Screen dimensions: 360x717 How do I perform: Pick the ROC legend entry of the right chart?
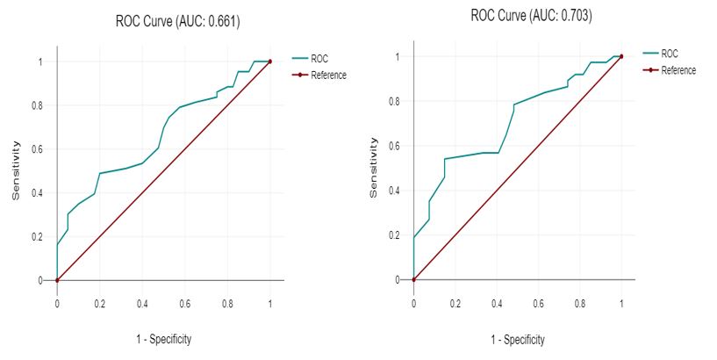(669, 54)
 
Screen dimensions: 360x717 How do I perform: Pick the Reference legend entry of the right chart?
(678, 69)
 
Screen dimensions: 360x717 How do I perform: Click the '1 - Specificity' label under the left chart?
(163, 339)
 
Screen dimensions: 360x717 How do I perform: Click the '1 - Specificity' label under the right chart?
(518, 339)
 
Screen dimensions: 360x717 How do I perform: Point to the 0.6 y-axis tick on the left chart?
(39, 149)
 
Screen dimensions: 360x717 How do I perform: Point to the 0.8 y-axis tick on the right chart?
(397, 101)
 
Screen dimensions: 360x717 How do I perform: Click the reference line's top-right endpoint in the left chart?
(270, 61)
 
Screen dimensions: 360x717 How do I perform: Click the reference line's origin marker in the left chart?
(57, 280)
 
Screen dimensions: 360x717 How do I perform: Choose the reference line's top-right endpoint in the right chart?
(621, 56)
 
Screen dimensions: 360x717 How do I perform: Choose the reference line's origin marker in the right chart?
(413, 279)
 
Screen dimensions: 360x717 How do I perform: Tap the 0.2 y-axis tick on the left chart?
(39, 237)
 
